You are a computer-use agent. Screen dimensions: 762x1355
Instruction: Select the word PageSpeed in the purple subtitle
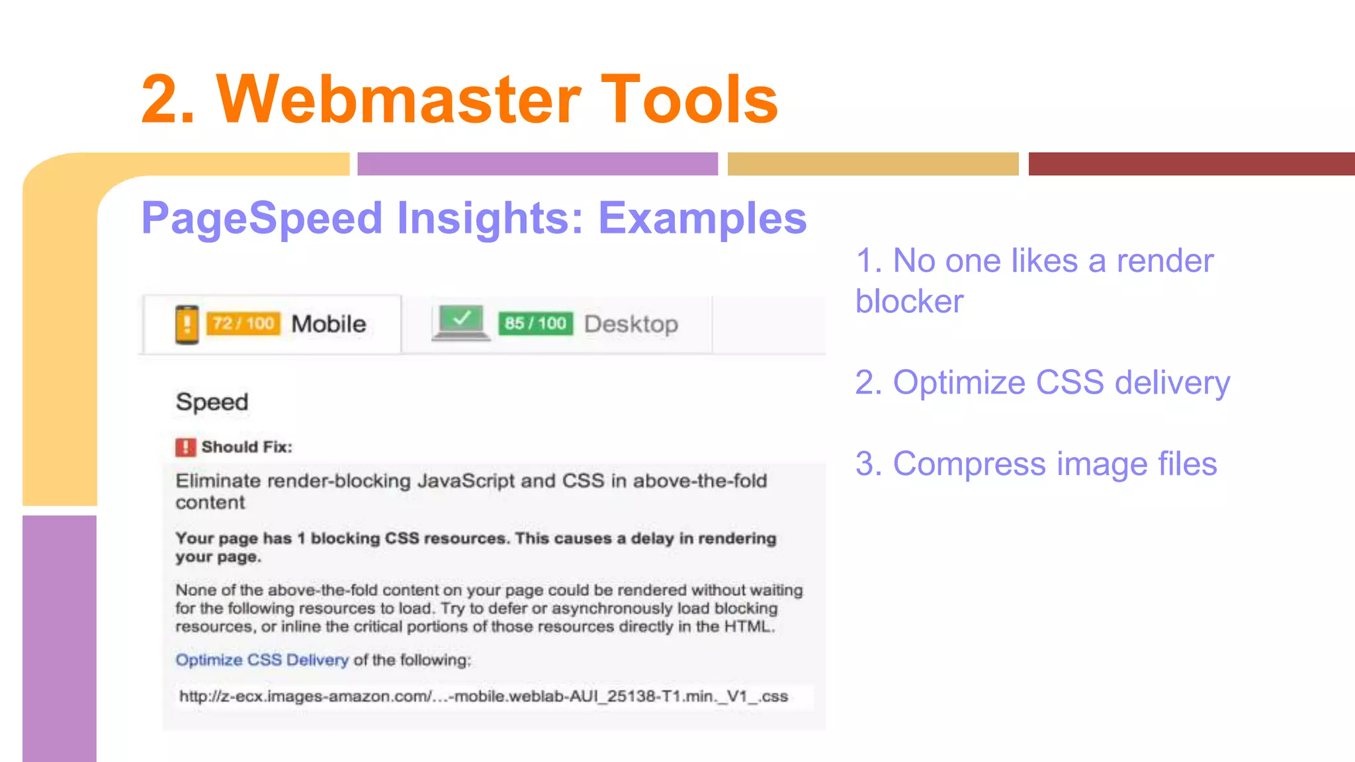(262, 218)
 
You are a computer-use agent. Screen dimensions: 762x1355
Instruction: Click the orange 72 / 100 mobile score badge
(243, 323)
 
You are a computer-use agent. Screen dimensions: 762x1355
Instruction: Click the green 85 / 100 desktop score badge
(535, 323)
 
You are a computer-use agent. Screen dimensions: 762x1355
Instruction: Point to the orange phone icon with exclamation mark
(187, 324)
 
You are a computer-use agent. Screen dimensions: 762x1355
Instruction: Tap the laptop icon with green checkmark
(460, 323)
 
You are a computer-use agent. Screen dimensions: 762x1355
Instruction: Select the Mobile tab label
(329, 324)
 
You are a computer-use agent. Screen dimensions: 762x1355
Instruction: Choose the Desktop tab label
(631, 324)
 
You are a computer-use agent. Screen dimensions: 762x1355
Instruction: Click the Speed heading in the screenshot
(212, 402)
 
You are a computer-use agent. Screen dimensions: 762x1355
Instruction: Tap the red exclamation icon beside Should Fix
(185, 447)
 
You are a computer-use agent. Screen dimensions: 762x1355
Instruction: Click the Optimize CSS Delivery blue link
(262, 659)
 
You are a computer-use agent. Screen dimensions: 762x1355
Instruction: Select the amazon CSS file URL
(484, 697)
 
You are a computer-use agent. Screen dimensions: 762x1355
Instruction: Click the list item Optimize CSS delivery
(1042, 383)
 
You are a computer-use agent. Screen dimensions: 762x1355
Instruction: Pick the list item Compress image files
(1035, 464)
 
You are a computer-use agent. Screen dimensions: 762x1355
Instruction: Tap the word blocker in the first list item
(909, 302)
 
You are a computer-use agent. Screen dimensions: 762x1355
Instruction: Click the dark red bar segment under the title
(1191, 164)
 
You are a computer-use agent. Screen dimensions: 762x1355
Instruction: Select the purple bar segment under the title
(537, 164)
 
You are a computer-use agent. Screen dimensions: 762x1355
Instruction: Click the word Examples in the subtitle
(702, 218)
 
